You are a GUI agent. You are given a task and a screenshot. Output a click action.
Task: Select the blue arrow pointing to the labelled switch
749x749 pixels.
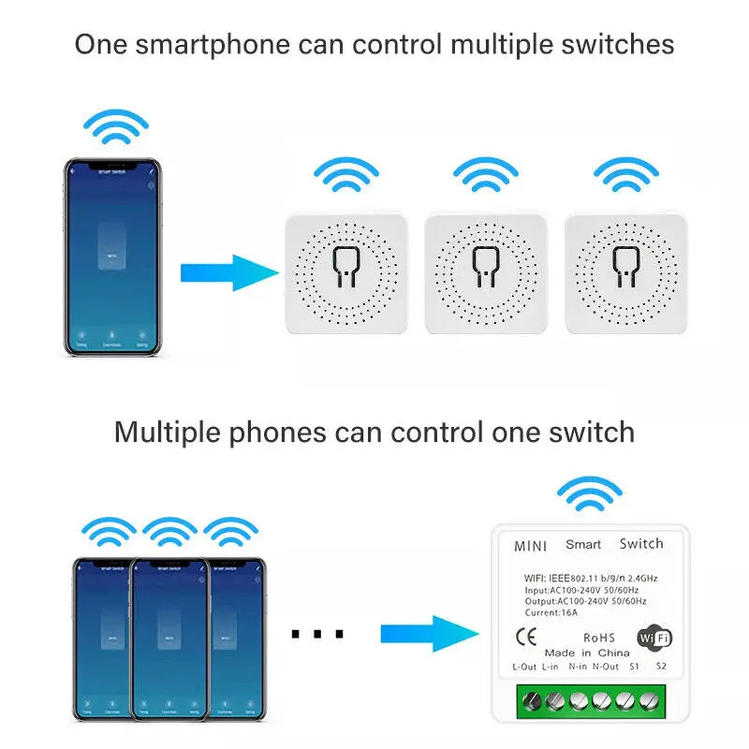(x=431, y=632)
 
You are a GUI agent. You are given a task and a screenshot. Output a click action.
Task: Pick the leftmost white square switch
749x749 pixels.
(x=345, y=272)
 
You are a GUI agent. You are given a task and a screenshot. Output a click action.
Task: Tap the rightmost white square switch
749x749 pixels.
(x=625, y=272)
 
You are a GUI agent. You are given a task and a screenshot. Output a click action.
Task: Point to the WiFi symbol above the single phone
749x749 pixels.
(x=115, y=126)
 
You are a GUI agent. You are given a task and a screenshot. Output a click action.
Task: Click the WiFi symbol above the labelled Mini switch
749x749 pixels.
(x=589, y=494)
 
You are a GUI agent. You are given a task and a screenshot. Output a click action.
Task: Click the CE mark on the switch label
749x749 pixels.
(x=526, y=638)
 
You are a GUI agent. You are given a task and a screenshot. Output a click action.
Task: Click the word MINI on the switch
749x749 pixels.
(x=531, y=545)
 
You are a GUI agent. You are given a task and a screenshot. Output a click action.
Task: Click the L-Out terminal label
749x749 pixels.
(x=524, y=667)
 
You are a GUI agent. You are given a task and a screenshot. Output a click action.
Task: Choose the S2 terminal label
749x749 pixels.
(x=661, y=667)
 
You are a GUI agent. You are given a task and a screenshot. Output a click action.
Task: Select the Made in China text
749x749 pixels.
(x=586, y=652)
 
